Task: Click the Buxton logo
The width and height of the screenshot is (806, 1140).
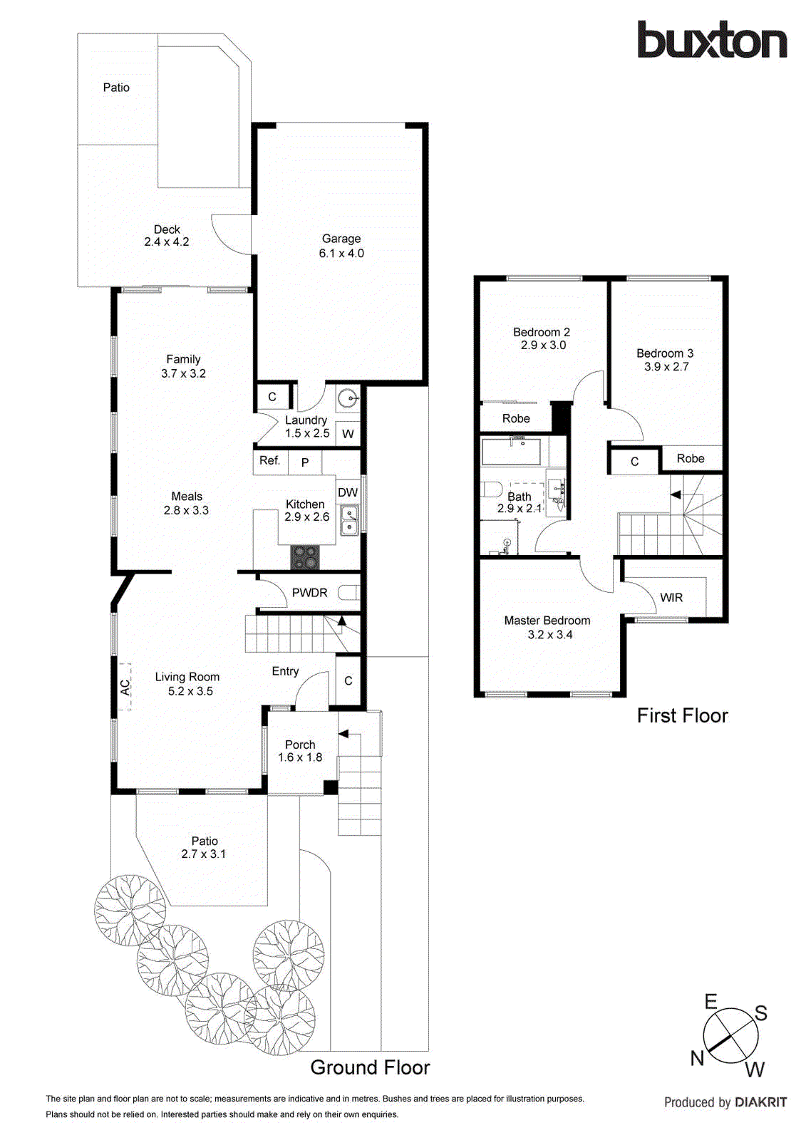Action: click(x=711, y=41)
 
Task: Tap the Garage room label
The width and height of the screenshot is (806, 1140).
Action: click(x=341, y=239)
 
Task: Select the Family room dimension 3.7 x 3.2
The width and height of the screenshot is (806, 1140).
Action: click(x=183, y=373)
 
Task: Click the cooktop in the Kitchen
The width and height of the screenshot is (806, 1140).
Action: click(x=306, y=557)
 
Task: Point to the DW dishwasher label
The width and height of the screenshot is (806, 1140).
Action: click(x=348, y=492)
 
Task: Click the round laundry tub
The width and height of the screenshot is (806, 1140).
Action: click(x=348, y=399)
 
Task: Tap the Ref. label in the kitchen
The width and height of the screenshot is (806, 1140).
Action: click(x=269, y=461)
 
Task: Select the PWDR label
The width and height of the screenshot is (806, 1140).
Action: click(x=309, y=593)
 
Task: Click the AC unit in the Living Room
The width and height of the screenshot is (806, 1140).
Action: click(x=125, y=687)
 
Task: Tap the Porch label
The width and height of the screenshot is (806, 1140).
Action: click(x=300, y=745)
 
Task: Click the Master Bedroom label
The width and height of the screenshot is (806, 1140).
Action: click(x=547, y=621)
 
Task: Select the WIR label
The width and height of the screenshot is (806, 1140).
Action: click(x=671, y=598)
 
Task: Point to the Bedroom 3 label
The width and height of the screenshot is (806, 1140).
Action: click(x=665, y=353)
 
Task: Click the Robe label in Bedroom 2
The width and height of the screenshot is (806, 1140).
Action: click(x=516, y=419)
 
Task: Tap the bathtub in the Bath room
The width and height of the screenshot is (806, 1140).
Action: click(x=512, y=452)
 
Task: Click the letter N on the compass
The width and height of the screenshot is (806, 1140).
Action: click(x=697, y=1058)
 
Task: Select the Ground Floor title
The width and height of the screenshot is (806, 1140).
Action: click(x=370, y=1067)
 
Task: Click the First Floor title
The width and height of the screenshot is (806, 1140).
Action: click(x=682, y=715)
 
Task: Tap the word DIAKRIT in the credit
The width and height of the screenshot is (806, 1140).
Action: click(x=760, y=1102)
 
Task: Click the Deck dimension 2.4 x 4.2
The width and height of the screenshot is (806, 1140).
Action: click(x=167, y=242)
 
